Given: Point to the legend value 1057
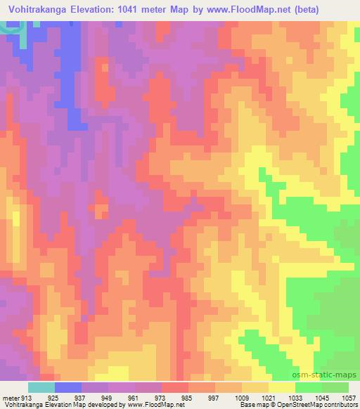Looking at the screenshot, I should tap(347, 397).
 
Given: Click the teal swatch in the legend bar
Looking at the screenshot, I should tap(41, 387).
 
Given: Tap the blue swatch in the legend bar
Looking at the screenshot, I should tap(68, 387).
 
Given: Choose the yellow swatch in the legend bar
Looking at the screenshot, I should tap(282, 387).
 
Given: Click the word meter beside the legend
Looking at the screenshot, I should tap(10, 397).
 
